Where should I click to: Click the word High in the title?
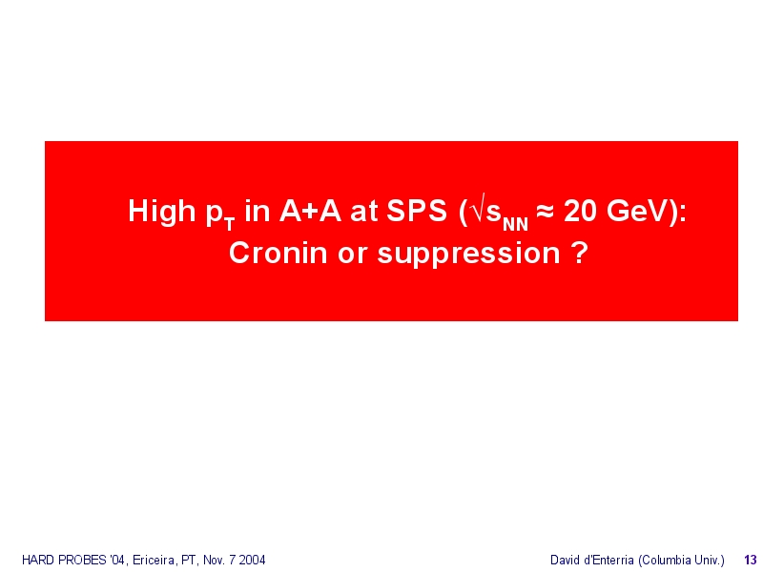(x=161, y=212)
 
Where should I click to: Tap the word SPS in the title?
(x=417, y=211)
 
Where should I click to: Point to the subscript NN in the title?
(x=515, y=224)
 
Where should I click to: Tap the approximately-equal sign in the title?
(x=545, y=212)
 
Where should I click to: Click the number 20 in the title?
(x=580, y=211)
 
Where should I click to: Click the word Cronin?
(x=278, y=254)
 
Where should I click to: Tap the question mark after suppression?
(x=581, y=253)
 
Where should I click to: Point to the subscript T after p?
(x=230, y=225)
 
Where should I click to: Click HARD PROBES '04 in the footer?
(x=74, y=560)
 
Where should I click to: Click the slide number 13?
(x=751, y=560)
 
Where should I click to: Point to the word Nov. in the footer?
(x=214, y=560)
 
